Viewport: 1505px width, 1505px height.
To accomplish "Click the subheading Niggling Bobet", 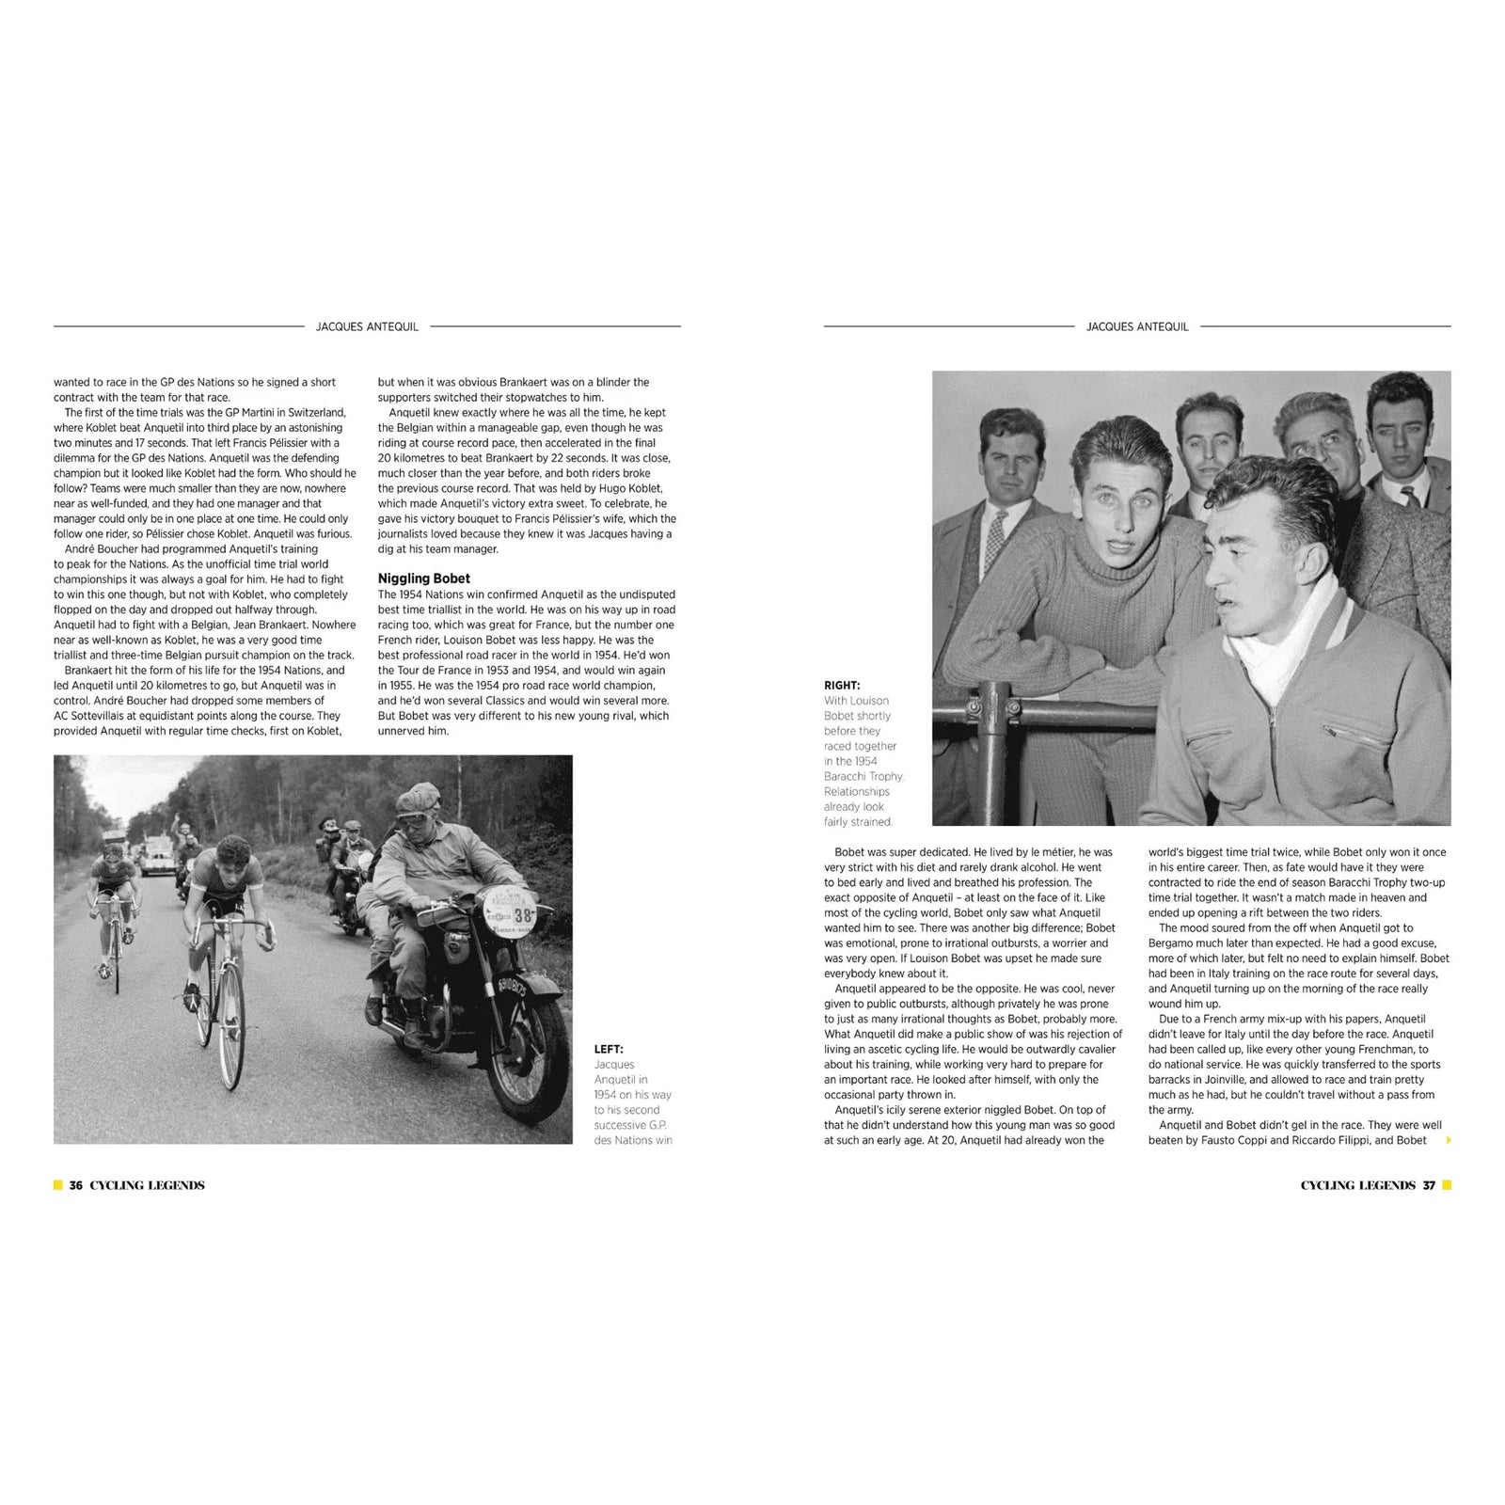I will (423, 578).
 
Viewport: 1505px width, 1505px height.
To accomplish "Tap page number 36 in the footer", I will (76, 1185).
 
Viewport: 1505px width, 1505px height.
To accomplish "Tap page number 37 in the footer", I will (1429, 1185).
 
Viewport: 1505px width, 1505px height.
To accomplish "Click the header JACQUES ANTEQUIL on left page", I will (367, 326).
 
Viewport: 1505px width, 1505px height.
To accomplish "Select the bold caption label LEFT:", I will (609, 1049).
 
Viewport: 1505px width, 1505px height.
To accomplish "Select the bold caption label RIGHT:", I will (842, 686).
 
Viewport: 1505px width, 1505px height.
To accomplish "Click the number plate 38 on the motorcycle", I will (522, 914).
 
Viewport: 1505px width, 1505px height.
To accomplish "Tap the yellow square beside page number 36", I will (58, 1185).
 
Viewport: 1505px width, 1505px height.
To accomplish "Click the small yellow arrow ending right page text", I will (1448, 1141).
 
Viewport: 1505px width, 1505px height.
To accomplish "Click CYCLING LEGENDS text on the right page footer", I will (1357, 1185).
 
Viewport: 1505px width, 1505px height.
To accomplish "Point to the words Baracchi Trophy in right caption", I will (863, 776).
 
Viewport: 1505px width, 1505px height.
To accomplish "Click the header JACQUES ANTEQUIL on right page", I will (1137, 326).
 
